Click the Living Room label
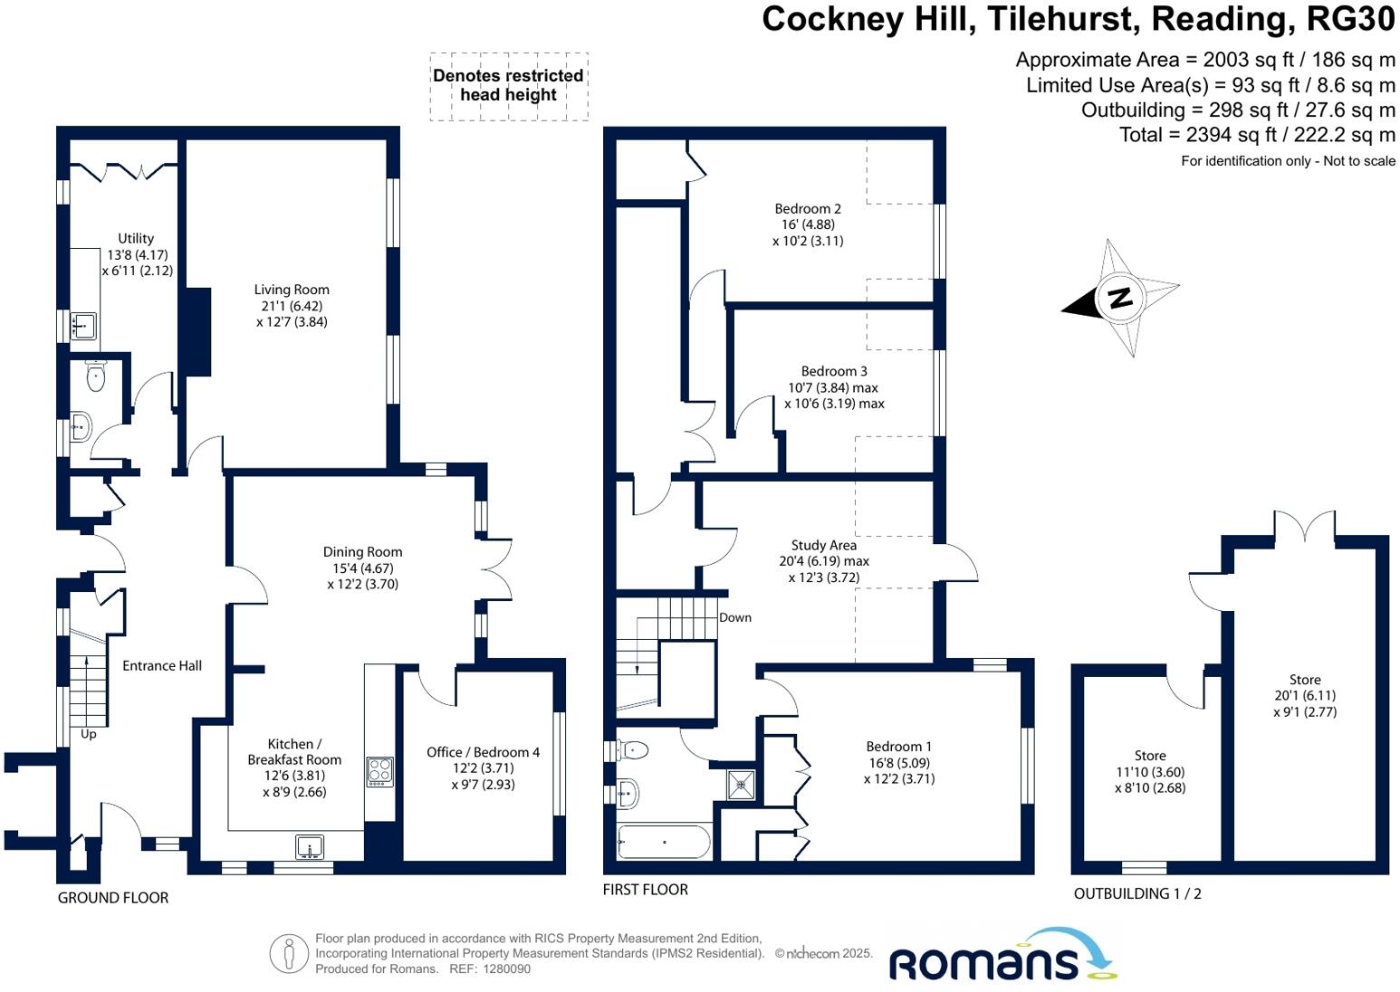[292, 290]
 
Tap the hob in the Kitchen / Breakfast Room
[379, 771]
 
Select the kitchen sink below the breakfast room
[310, 846]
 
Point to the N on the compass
[1120, 298]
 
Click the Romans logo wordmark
[983, 963]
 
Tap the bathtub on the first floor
[664, 842]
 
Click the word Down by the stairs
[735, 618]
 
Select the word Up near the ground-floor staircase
[88, 734]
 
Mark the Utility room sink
[83, 326]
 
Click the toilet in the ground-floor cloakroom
[95, 376]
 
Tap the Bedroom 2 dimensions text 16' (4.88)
[808, 224]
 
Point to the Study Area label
[824, 545]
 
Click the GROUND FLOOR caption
[113, 898]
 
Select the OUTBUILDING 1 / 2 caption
[1137, 893]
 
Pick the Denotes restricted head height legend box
[508, 86]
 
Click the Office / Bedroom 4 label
[484, 752]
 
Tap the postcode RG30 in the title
[1350, 19]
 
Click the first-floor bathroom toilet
[632, 749]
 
